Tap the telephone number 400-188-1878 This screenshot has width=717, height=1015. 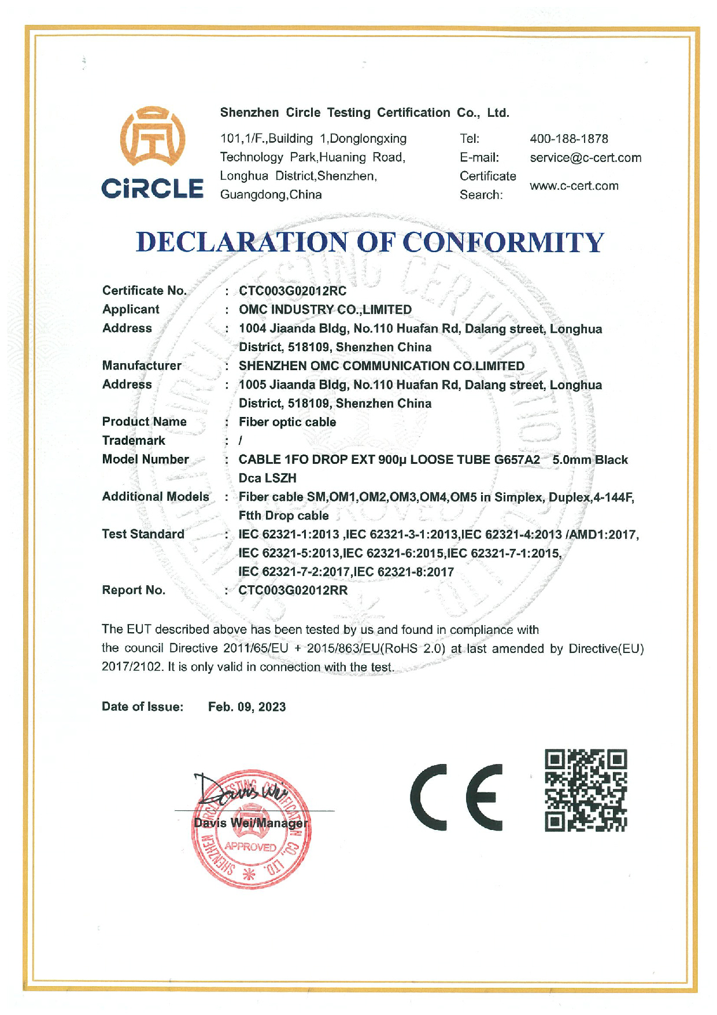click(568, 139)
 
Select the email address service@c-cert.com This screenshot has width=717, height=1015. click(585, 158)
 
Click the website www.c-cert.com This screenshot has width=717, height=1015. click(574, 186)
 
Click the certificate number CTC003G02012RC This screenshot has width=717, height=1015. click(293, 291)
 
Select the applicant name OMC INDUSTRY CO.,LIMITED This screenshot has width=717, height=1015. click(325, 310)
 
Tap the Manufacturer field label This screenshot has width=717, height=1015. click(142, 366)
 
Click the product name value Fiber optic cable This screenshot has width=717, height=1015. click(287, 422)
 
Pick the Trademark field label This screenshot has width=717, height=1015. click(134, 441)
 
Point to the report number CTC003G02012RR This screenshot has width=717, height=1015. click(293, 590)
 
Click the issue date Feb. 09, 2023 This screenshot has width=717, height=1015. click(247, 707)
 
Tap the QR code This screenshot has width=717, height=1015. click(585, 791)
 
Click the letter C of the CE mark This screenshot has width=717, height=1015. click(428, 797)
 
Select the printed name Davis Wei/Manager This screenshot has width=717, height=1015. click(250, 823)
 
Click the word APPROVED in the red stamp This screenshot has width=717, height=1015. click(250, 847)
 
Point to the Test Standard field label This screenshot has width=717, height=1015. click(143, 534)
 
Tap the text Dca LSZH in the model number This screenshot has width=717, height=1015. click(267, 478)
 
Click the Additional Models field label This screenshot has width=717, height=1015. click(155, 497)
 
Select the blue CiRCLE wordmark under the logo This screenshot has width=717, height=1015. click(152, 188)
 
